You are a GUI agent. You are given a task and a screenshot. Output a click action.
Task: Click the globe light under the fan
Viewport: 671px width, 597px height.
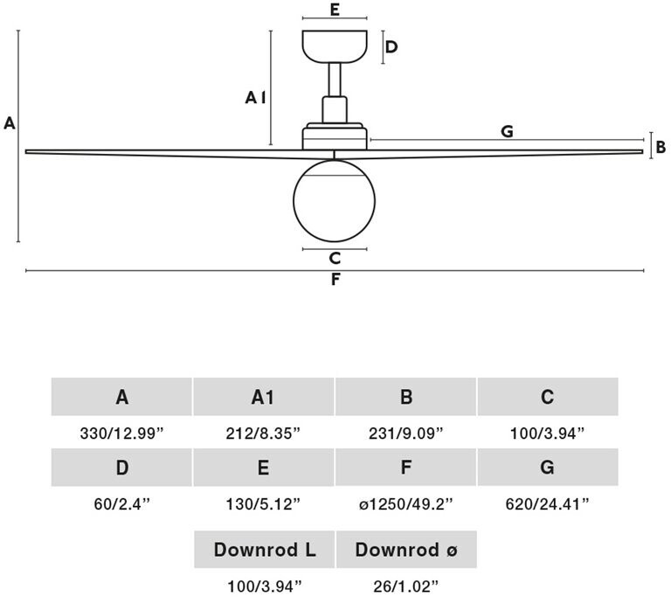coord(335,201)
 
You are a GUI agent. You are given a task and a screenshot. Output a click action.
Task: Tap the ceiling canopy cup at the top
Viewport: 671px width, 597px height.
coord(335,46)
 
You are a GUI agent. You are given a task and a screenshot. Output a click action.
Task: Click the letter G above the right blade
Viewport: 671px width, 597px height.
coord(507,131)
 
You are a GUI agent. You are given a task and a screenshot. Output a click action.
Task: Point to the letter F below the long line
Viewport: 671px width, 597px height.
coord(335,279)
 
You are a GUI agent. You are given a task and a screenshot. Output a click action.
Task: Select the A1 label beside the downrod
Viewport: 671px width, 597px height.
coord(255,98)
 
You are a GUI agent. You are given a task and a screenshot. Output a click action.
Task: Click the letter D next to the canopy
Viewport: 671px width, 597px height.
coord(391,46)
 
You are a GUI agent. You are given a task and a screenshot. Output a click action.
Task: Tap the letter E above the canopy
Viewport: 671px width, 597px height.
coord(335,10)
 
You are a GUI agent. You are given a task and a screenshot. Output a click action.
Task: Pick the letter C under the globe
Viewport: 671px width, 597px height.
coord(335,258)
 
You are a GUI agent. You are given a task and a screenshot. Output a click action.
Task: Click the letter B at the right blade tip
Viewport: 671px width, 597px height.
coord(661,148)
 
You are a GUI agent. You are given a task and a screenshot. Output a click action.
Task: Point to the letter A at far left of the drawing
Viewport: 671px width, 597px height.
coord(10,123)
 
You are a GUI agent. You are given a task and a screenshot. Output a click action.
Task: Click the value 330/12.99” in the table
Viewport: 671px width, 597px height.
coord(122,434)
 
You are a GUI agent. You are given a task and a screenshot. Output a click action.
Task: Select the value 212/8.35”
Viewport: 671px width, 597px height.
coord(263,434)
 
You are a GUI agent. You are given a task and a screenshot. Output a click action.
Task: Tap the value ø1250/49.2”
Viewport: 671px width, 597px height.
coord(405,504)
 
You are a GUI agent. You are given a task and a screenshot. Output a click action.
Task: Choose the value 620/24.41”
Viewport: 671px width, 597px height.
coord(547,504)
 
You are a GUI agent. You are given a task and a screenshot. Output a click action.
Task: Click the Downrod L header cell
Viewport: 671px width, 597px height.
coord(264,550)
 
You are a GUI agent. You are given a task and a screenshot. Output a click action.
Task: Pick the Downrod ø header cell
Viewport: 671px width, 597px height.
coord(406,550)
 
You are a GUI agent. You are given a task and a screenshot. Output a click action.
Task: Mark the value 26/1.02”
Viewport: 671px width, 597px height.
coord(406,587)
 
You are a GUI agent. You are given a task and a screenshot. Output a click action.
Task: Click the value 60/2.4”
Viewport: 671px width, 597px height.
coord(122,504)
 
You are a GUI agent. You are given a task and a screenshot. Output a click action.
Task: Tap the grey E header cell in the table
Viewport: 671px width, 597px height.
coord(263,468)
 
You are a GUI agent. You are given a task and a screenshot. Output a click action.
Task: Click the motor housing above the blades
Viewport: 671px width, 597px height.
coord(335,136)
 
